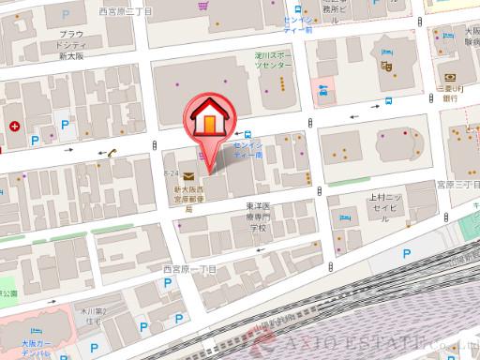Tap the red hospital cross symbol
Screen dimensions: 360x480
pyautogui.click(x=15, y=126)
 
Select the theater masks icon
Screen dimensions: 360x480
pyautogui.click(x=385, y=67)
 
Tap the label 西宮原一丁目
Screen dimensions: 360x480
pyautogui.click(x=189, y=269)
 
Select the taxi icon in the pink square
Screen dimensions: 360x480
pyautogui.click(x=323, y=90)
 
